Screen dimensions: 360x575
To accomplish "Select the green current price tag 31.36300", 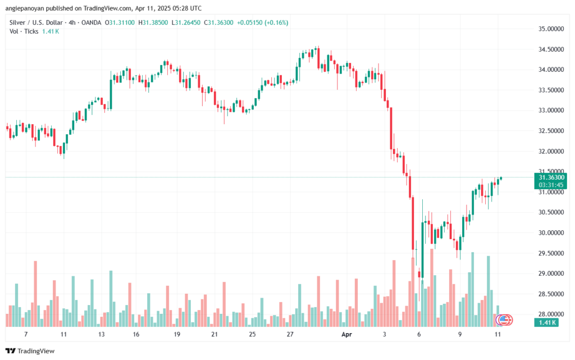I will coord(551,177).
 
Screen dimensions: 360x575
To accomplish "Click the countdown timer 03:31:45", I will coord(551,185).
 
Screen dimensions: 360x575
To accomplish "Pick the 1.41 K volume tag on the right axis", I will coord(546,322).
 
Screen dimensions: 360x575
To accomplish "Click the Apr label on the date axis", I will coord(346,334).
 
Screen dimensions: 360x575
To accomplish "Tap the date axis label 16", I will coord(136,334).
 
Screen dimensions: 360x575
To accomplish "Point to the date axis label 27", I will coord(290,334).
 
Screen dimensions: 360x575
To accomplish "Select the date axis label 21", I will coord(215,334).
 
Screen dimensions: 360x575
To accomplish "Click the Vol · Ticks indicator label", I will coord(24,31).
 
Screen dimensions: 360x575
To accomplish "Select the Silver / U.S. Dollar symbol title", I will coord(36,22).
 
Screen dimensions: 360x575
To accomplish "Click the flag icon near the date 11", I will coord(504,320).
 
